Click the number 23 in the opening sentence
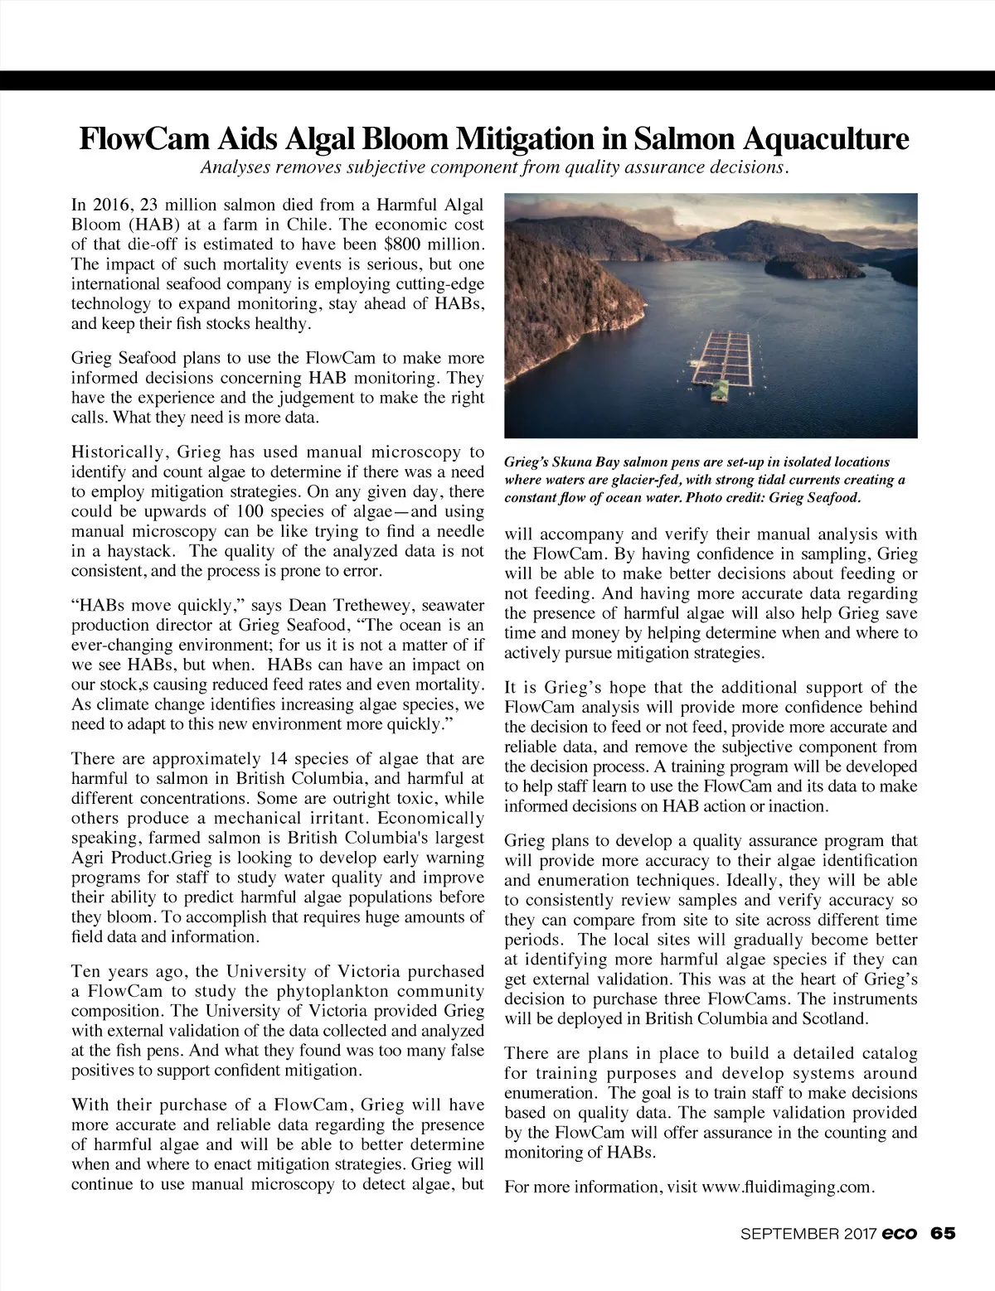pos(144,205)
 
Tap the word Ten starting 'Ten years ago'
pos(87,971)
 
